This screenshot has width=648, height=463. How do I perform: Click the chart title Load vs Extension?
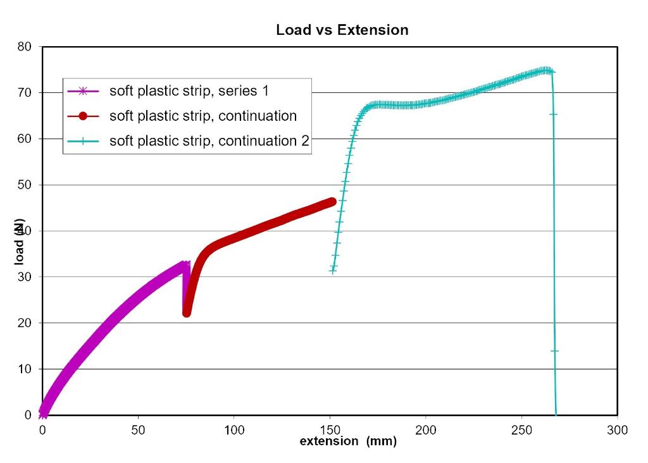click(342, 30)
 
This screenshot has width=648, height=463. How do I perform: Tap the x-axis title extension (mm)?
click(348, 441)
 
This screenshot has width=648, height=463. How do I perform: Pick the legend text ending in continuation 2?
click(209, 140)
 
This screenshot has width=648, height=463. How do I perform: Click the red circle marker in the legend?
click(82, 116)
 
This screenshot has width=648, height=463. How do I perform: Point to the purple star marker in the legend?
click(82, 91)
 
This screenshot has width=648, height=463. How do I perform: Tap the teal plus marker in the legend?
click(82, 141)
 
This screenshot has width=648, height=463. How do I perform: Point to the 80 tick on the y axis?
click(26, 47)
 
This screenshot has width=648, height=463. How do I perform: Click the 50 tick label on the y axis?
click(26, 185)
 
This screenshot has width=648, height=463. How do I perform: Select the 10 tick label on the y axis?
click(26, 369)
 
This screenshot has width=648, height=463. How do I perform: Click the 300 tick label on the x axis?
click(617, 430)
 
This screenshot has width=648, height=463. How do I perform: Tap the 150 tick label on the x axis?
click(329, 430)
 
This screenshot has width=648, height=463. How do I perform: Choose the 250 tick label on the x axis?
click(521, 430)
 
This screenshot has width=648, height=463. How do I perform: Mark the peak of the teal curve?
click(545, 70)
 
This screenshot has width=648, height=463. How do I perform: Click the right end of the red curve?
click(332, 202)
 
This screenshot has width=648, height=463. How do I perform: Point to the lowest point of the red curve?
click(187, 312)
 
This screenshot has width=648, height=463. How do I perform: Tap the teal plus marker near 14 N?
click(555, 350)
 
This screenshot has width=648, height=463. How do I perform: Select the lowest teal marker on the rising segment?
click(333, 271)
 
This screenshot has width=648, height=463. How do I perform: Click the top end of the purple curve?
click(185, 265)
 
